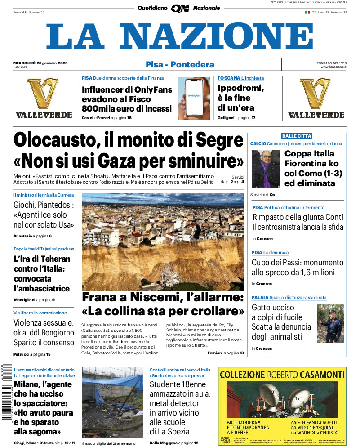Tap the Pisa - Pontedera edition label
[x=180, y=64]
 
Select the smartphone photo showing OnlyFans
[x=194, y=98]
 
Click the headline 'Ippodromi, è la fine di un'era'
[x=241, y=98]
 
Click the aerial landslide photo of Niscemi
[x=163, y=241]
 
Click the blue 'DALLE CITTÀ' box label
[x=296, y=136]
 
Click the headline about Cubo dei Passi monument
[x=297, y=268]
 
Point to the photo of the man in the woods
[x=330, y=323]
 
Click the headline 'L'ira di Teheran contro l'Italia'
[x=42, y=274]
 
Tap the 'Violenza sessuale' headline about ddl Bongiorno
[x=44, y=333]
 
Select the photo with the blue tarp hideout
[x=112, y=402]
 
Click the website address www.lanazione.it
[x=333, y=67]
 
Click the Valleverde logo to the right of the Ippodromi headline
[x=316, y=98]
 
